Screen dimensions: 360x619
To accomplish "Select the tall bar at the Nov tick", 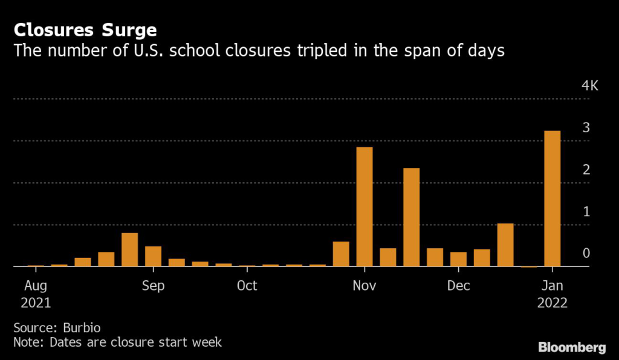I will point(365,207).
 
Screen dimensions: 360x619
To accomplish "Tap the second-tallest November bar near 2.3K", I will point(412,217).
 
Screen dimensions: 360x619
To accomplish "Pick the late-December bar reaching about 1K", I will point(505,245).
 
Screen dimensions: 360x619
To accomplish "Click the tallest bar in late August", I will point(129,249).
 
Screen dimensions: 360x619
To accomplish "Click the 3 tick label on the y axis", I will point(586,127).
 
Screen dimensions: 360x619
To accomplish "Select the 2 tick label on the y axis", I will point(586,170).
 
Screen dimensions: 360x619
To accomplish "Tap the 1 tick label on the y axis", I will point(586,211).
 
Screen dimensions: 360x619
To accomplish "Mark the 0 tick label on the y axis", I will point(586,253).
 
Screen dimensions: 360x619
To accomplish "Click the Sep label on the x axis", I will point(153,285).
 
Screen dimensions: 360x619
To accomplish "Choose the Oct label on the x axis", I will point(247,285).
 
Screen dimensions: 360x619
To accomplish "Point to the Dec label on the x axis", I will point(459,285).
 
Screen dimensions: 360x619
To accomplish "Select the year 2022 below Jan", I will point(553,303).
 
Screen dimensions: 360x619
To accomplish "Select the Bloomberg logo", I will point(572,347).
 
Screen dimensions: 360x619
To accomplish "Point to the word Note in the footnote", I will point(27,342).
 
